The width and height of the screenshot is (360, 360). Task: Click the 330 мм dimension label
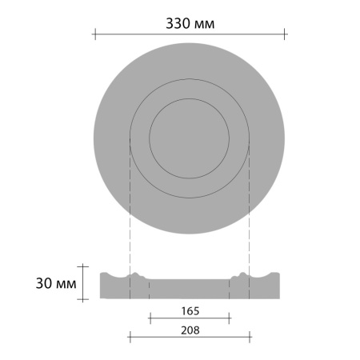pos(190,23)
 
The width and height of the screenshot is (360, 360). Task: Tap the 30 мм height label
pos(56,283)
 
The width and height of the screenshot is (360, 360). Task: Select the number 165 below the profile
pos(190,311)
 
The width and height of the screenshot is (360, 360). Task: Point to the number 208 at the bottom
pos(190,330)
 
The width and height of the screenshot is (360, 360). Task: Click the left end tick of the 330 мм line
pos(95,34)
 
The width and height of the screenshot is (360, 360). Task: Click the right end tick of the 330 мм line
pos(285,34)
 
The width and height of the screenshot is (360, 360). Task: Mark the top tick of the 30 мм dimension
pos(83,266)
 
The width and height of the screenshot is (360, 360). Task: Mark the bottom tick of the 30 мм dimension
pos(83,299)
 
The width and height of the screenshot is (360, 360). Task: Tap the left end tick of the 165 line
pos(150,318)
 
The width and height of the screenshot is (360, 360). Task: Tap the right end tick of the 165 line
pos(229,318)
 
